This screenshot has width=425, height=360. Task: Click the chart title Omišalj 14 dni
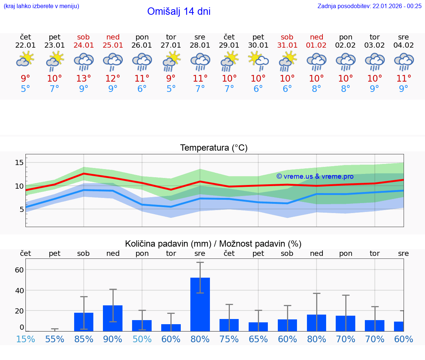(179, 11)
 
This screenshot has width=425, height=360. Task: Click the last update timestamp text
(369, 6)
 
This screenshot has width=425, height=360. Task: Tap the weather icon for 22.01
(25, 59)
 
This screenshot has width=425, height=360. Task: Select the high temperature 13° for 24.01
(84, 78)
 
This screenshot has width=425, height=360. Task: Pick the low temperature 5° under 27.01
(171, 89)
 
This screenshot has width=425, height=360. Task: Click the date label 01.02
(316, 45)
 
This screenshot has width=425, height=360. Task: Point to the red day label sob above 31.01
(287, 37)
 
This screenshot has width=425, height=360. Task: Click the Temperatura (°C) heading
(214, 148)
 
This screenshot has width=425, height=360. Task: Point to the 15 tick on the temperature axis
(19, 162)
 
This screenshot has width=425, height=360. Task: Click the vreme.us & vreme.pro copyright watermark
(315, 176)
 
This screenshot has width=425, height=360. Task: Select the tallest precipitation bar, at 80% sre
(200, 304)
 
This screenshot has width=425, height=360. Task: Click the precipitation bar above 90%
(113, 318)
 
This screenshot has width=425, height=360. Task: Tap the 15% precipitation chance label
(25, 339)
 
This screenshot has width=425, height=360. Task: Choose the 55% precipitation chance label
(55, 339)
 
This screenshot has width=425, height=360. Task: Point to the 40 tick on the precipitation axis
(19, 290)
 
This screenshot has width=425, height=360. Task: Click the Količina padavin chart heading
(213, 244)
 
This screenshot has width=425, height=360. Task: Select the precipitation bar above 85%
(84, 322)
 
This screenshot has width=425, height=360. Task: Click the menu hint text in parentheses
(41, 6)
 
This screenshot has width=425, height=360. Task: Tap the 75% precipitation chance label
(229, 339)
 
